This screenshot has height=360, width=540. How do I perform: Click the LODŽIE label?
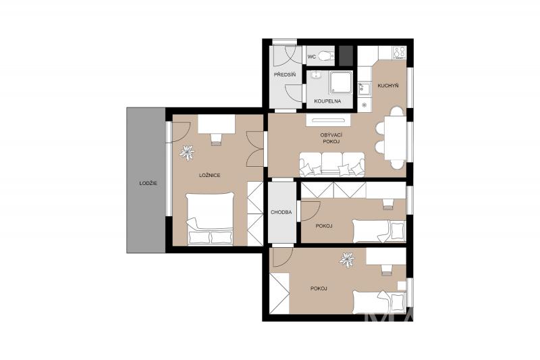pos(148,183)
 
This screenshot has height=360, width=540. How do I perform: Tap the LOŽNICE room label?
pos(209,176)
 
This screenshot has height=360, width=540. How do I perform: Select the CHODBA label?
pos(281,212)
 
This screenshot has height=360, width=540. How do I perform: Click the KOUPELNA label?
pos(327,101)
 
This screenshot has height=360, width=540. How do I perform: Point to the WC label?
pos(311,57)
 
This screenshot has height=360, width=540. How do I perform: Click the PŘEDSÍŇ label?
pos(285,74)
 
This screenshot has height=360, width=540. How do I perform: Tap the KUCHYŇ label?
pos(388,85)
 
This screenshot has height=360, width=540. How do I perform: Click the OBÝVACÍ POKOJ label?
pos(331,138)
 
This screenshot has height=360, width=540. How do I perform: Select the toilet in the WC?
pos(326,55)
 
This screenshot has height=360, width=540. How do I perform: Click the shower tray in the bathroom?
pos(342,82)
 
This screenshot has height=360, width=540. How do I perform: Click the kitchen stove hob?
pos(399,53)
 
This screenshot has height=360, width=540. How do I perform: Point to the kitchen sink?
pos(363,88)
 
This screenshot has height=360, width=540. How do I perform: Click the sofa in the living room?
pos(331,164)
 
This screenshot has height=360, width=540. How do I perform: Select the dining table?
pos(396,138)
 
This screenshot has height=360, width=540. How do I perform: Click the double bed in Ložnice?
pos(210,218)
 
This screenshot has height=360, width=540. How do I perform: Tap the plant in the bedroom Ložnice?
pos(187,153)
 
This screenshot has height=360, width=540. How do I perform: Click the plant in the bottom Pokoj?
pos(346,260)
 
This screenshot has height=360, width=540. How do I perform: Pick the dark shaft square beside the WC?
pos(346,56)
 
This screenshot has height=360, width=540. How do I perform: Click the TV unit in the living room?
pos(328,120)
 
